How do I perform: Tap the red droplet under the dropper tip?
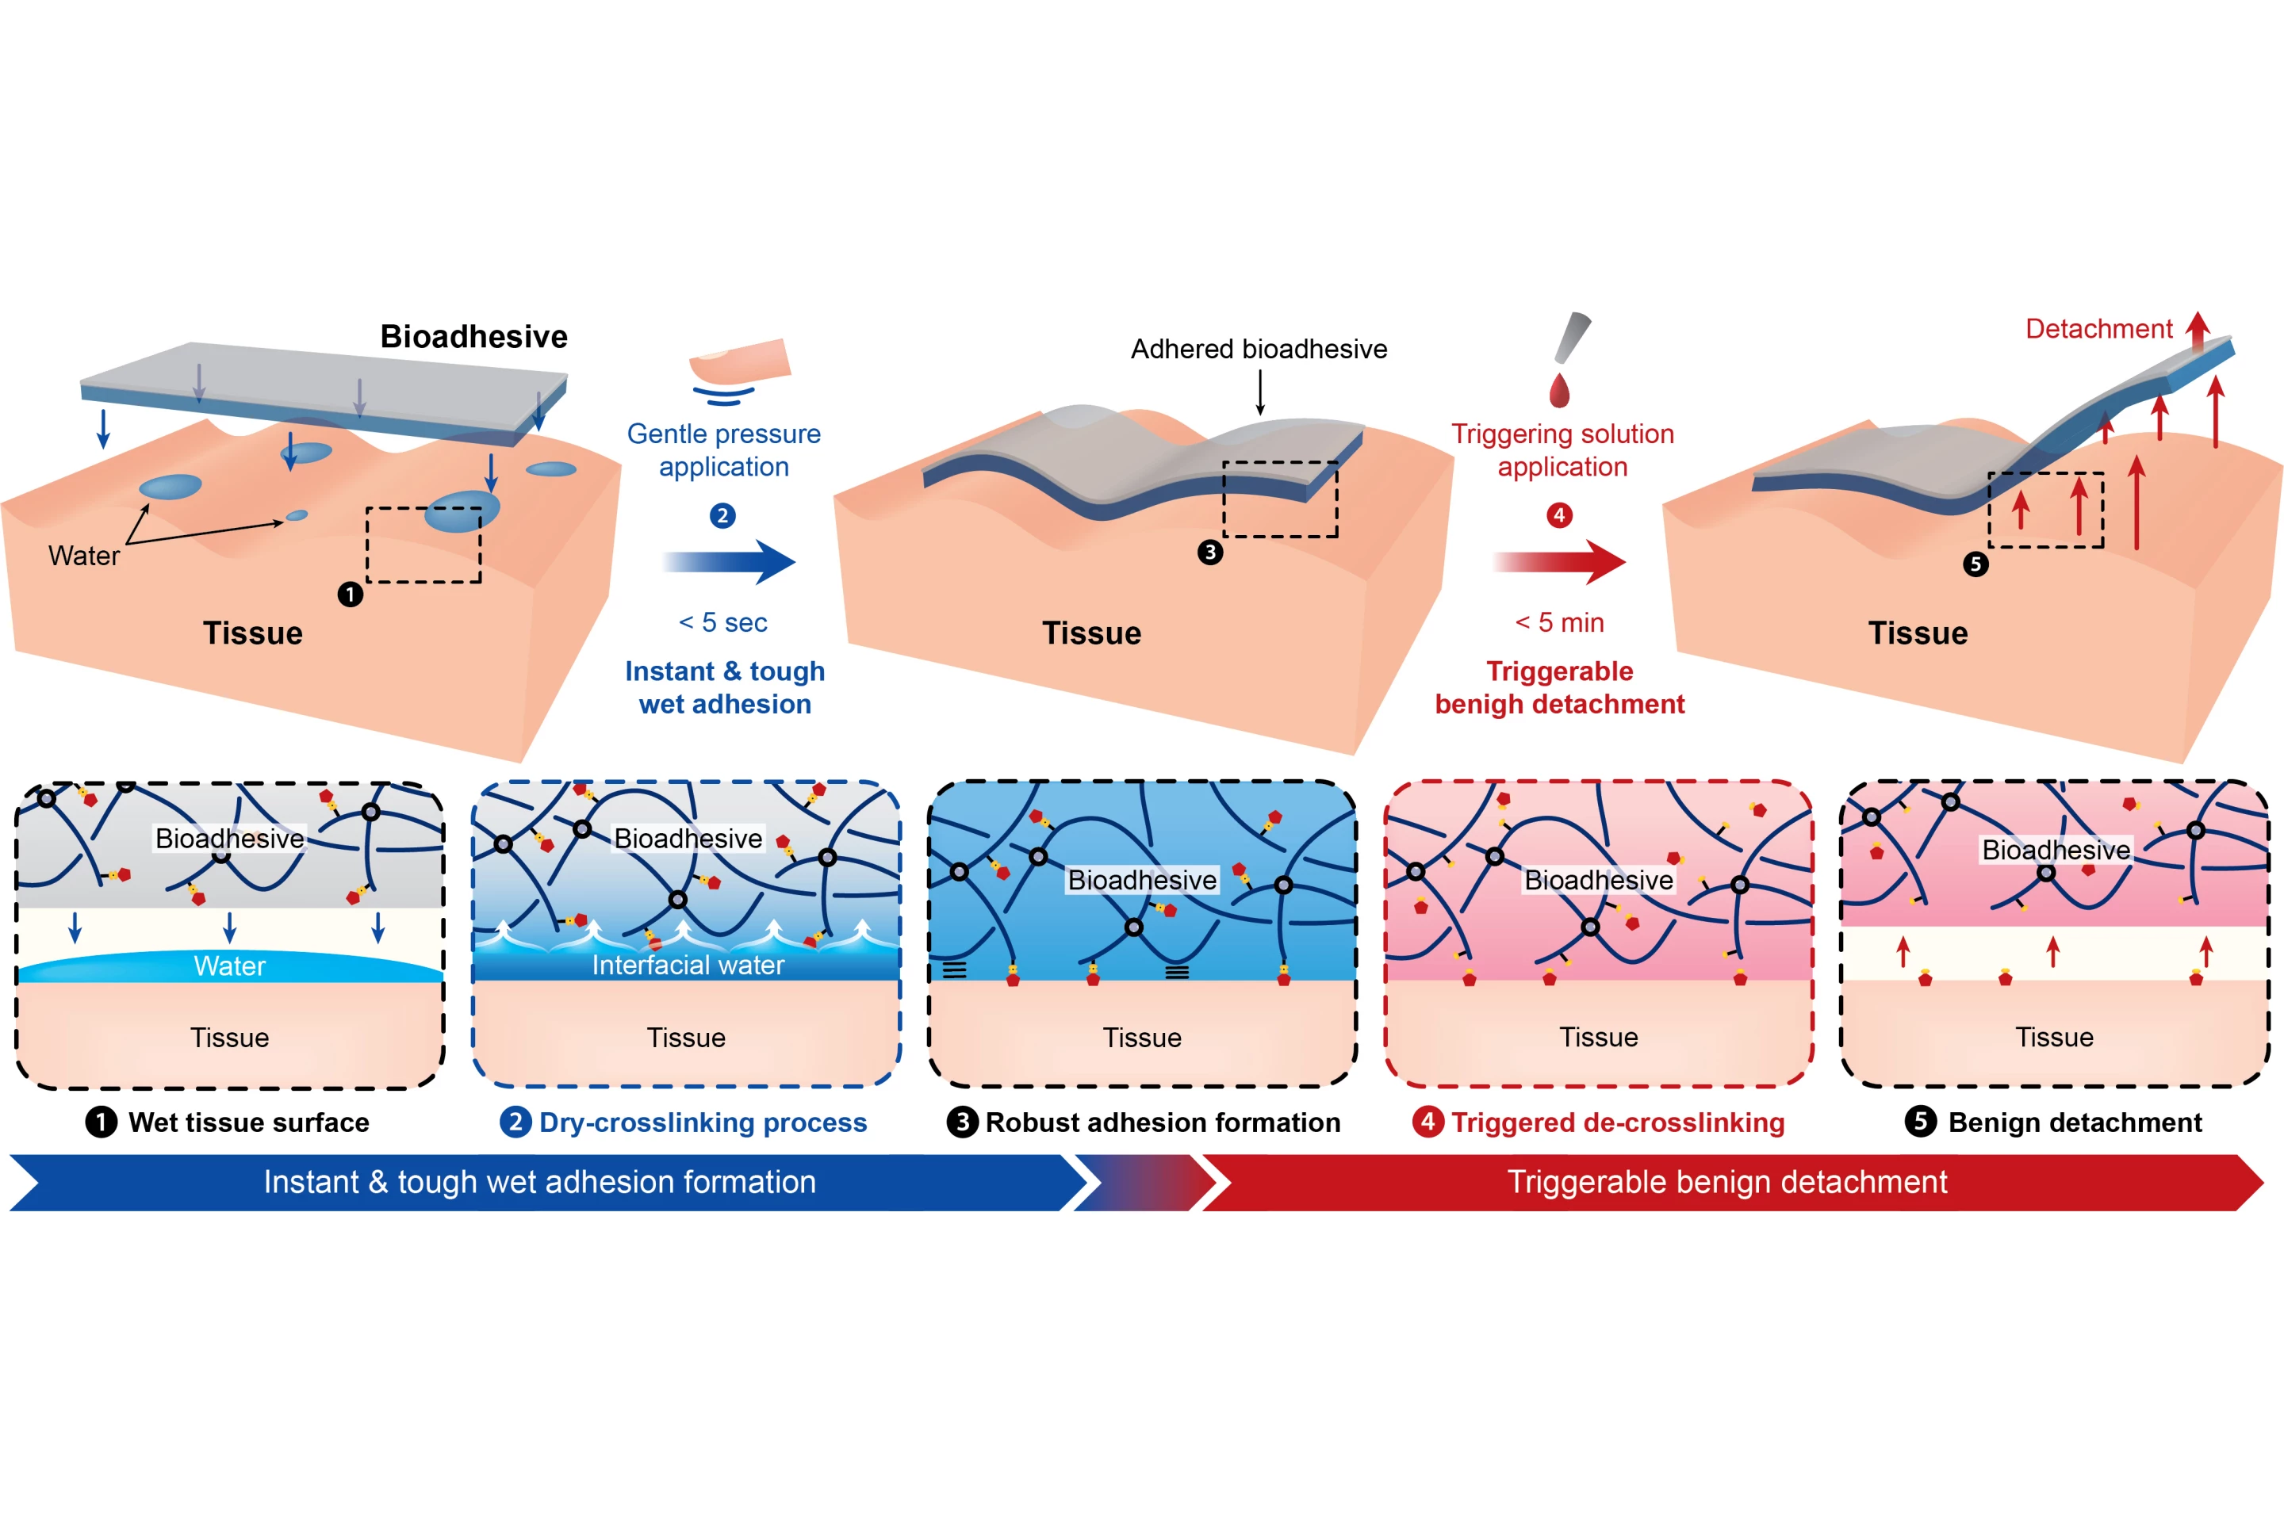[x=1560, y=390]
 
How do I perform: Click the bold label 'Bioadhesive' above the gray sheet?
[x=474, y=336]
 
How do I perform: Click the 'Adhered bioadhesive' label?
[x=1259, y=349]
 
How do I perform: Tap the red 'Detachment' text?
[x=2098, y=328]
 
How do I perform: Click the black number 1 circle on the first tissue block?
[x=351, y=594]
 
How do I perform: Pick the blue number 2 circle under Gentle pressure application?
[x=722, y=515]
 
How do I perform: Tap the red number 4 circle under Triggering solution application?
[x=1560, y=515]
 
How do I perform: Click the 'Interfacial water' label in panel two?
[x=688, y=965]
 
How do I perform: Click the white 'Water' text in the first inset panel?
[x=229, y=966]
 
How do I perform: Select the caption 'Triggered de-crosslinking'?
[x=1618, y=1122]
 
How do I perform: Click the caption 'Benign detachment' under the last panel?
[x=2075, y=1122]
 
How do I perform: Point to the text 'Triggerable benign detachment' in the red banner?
[x=1726, y=1181]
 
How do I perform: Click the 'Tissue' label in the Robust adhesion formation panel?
[x=1142, y=1038]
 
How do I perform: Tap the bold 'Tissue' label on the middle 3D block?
[x=1091, y=633]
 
